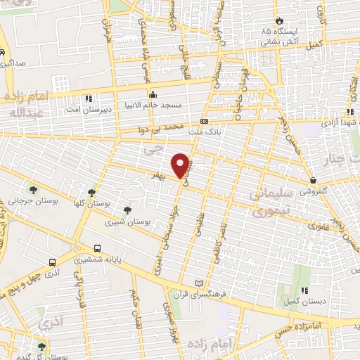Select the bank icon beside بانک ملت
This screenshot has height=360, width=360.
[x=205, y=121]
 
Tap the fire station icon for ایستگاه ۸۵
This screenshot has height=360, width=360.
[x=280, y=22]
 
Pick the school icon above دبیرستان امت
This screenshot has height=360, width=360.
[x=87, y=98]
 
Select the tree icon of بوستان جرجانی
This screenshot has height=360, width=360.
[x=32, y=189]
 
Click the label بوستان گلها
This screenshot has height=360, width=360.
[x=94, y=202]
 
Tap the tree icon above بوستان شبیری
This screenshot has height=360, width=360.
[x=127, y=210]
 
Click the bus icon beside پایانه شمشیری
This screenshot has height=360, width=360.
[x=98, y=248]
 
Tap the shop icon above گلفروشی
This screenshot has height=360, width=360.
[x=312, y=181]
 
